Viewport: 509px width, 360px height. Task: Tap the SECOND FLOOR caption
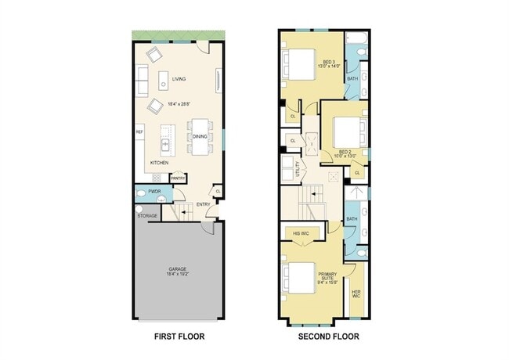[x=328, y=337]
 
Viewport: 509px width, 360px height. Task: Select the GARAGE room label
[x=177, y=269]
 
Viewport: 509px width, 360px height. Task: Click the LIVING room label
[x=179, y=78]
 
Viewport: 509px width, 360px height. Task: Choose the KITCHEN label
[x=160, y=163]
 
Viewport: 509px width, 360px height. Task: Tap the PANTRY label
[x=179, y=178]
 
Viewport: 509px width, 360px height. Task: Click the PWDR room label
[x=154, y=192]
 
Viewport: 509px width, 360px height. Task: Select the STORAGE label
[x=147, y=215]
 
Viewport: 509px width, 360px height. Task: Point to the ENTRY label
[x=203, y=205]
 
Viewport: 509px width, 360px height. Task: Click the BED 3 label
[x=328, y=61]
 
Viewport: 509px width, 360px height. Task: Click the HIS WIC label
[x=300, y=232]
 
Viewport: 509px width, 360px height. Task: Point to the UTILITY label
[x=298, y=167]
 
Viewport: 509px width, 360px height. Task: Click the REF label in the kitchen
[x=139, y=132]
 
